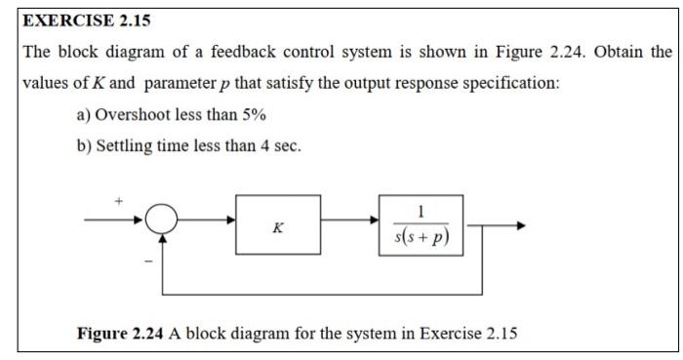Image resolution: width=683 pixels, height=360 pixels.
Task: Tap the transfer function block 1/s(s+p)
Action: click(420, 225)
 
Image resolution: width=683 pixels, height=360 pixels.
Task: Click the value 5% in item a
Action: click(251, 114)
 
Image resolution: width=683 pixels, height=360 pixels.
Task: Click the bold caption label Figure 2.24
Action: click(122, 335)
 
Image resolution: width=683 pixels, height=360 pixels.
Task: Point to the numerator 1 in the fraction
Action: click(420, 210)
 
